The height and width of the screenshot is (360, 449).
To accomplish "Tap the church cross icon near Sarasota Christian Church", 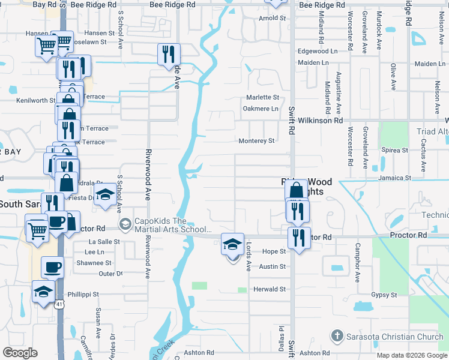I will click(337, 335).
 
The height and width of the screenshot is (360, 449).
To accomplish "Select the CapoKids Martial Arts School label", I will click(173, 225).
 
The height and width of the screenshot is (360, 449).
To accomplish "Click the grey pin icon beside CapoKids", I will click(125, 224).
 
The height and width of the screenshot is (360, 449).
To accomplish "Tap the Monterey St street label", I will click(256, 141).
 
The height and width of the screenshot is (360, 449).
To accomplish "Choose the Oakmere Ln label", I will click(261, 109).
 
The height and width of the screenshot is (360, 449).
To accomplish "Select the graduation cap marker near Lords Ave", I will click(233, 244).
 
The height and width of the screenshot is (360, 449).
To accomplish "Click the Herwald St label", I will click(269, 289).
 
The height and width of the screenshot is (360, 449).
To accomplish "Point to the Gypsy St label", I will click(384, 295).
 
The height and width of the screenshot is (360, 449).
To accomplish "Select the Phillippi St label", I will click(83, 295).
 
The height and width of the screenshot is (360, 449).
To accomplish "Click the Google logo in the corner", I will click(20, 353).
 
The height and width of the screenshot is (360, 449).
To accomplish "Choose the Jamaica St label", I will click(394, 178).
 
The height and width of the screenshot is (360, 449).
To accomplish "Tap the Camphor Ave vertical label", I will click(357, 262).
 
